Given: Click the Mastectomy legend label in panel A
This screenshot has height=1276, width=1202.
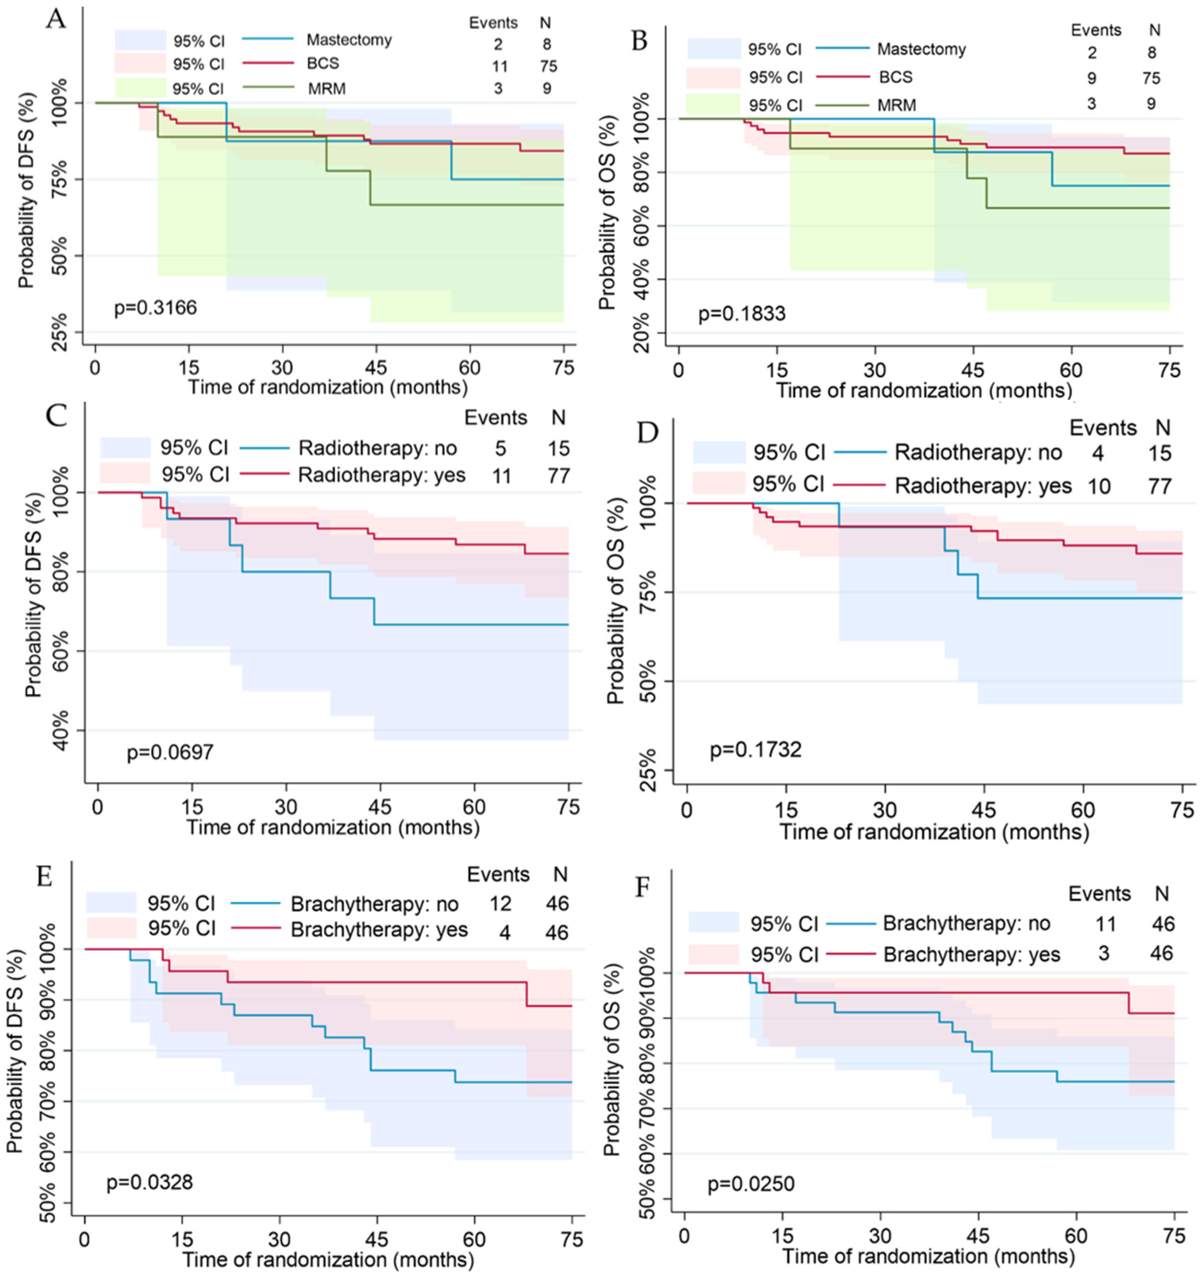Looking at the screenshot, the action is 349,40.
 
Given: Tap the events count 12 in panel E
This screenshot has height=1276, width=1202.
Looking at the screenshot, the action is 500,904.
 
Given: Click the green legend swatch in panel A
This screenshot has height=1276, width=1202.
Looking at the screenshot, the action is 140,88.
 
